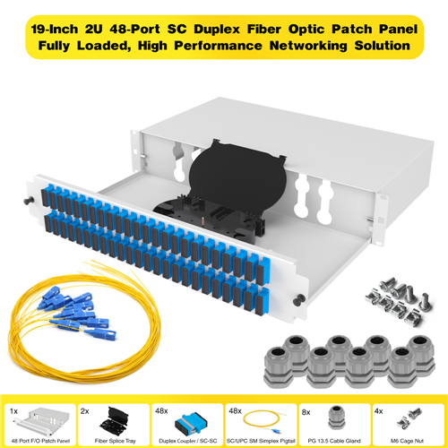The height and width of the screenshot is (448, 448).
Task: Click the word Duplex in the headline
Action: coord(217,30)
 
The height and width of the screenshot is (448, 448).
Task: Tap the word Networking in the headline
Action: coord(308,46)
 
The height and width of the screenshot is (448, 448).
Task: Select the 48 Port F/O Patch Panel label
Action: coord(40,441)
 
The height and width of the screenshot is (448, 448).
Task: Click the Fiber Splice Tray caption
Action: coord(115,441)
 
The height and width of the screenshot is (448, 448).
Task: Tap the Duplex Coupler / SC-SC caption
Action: coord(188,441)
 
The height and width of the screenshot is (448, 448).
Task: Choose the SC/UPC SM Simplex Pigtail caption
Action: coord(261,441)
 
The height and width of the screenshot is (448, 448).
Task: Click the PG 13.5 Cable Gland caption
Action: coord(334,441)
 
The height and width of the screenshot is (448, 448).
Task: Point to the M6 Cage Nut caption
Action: coord(407,441)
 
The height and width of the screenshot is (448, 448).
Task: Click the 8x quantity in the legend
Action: coord(306,412)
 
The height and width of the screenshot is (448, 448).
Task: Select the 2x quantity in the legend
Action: coord(85,411)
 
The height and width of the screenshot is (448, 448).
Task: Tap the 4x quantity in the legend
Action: coord(379,411)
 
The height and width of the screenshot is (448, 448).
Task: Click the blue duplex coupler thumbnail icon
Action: coord(190,423)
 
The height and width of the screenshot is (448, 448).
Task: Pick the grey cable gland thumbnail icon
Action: coord(337,418)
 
